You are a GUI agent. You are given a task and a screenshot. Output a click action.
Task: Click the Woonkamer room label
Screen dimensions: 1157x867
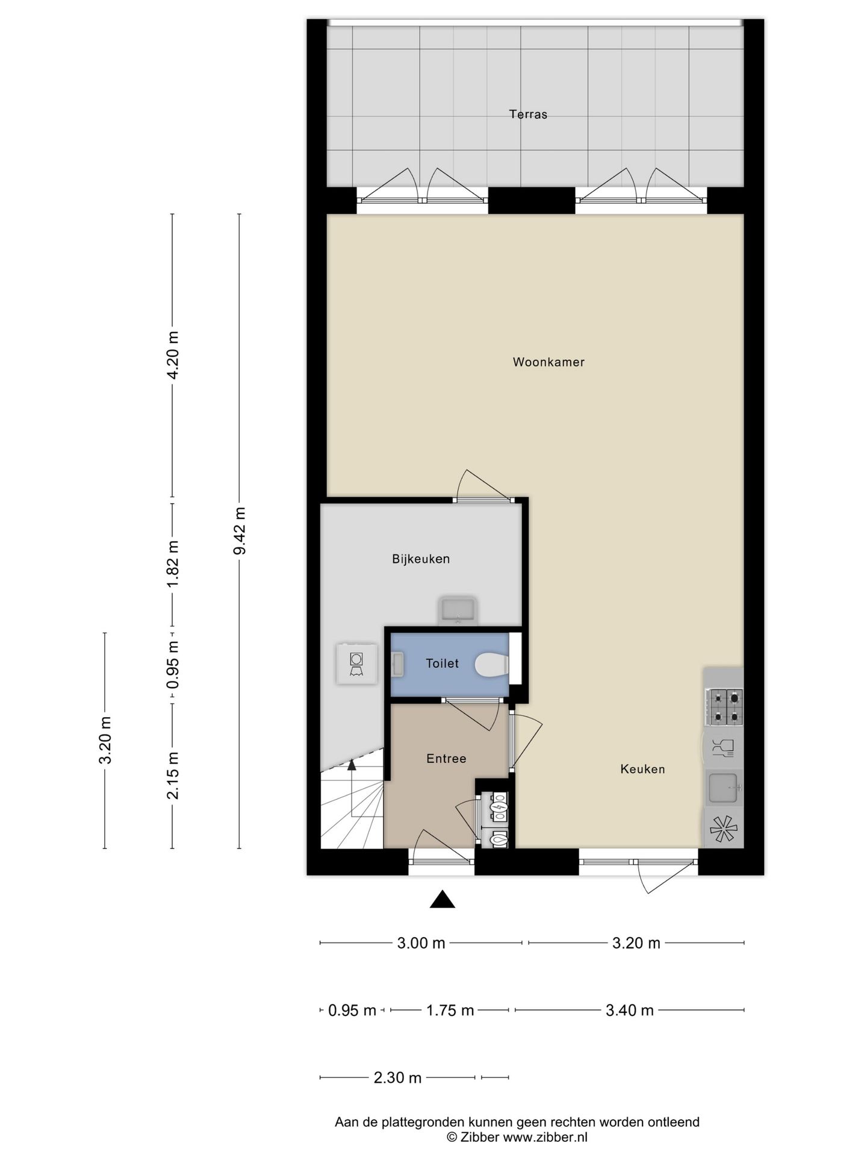click(548, 362)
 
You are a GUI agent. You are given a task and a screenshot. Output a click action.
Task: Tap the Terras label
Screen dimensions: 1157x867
click(528, 114)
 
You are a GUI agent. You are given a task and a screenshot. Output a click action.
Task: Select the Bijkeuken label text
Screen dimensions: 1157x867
click(421, 559)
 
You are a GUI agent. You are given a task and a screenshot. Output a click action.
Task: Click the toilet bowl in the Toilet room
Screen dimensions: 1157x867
click(491, 665)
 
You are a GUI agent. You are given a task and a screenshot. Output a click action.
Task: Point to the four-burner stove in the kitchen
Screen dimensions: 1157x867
click(725, 707)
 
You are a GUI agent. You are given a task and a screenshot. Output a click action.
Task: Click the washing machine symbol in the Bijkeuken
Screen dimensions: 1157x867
click(356, 663)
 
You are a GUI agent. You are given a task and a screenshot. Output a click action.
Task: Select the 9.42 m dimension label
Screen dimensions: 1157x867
click(240, 531)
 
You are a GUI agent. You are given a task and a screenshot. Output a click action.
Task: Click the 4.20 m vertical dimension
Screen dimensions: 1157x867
click(173, 356)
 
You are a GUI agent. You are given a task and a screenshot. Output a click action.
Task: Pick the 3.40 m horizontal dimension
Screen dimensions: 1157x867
click(629, 1011)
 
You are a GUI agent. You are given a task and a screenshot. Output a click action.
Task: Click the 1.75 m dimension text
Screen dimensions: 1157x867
click(450, 1011)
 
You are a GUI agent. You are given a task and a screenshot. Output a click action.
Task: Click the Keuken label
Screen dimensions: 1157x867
click(642, 769)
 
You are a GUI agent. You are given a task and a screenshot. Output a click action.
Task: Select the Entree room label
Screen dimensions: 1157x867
click(446, 759)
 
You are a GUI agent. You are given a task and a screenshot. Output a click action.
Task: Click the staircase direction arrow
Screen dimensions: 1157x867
click(351, 765)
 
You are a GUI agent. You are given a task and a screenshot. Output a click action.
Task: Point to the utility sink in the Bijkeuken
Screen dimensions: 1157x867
click(458, 610)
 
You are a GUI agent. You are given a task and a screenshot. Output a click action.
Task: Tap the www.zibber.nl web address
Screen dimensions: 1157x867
click(545, 1138)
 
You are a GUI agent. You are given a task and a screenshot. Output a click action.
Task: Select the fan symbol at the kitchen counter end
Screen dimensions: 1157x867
click(723, 829)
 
